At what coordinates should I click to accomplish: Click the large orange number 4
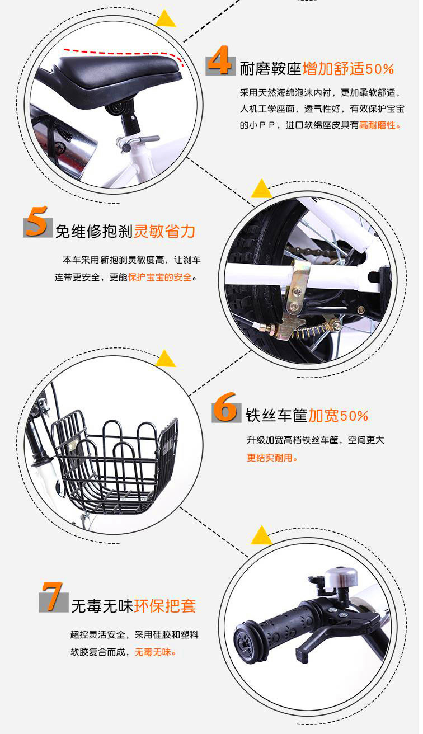[219, 60]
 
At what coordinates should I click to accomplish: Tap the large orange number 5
[37, 221]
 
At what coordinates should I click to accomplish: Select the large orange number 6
[225, 407]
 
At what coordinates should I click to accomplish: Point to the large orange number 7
[53, 596]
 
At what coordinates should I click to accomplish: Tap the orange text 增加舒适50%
[348, 69]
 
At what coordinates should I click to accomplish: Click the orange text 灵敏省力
[164, 232]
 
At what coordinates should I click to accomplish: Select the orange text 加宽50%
[338, 416]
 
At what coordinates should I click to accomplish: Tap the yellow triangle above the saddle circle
[166, 18]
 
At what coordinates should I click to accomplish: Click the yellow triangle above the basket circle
[166, 358]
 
